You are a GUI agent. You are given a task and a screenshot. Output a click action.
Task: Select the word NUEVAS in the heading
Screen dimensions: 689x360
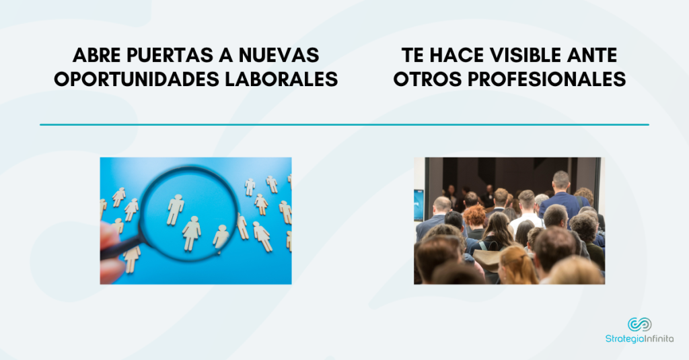279,55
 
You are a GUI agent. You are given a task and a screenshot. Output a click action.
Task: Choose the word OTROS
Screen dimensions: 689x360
427,79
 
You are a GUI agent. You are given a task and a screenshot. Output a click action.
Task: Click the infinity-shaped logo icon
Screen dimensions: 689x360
639,324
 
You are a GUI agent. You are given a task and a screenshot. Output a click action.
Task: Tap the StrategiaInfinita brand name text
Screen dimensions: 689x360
639,339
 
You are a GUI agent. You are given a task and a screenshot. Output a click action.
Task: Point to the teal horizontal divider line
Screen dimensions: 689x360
344,125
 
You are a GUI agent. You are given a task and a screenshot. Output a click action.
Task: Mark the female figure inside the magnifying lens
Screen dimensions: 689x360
192,233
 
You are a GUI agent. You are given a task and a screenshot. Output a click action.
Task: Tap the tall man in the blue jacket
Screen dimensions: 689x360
560,196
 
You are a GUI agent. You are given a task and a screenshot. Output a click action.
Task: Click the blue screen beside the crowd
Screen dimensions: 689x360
419,205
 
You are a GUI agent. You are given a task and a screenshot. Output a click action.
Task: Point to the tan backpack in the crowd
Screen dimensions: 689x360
487,260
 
